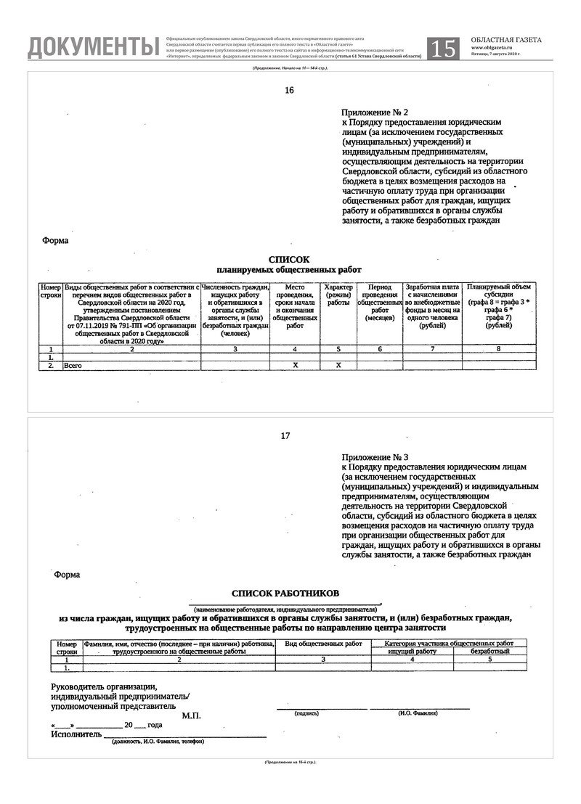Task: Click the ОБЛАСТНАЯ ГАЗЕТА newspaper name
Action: pyautogui.click(x=505, y=40)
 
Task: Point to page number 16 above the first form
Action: pyautogui.click(x=290, y=91)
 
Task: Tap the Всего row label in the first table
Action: pyautogui.click(x=73, y=366)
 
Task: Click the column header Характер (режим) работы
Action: pyautogui.click(x=338, y=295)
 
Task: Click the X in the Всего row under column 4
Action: pyautogui.click(x=295, y=366)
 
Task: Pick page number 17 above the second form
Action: pyautogui.click(x=285, y=436)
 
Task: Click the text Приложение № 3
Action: pyautogui.click(x=375, y=458)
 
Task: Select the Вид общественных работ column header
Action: pyautogui.click(x=323, y=644)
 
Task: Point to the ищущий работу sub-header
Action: pyautogui.click(x=412, y=651)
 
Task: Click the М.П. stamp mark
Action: pyautogui.click(x=191, y=715)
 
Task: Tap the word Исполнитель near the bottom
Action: pyautogui.click(x=72, y=734)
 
